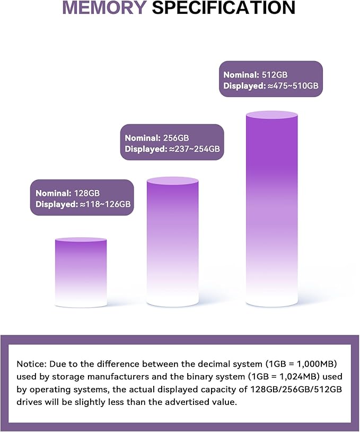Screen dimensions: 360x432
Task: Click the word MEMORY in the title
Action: coord(104,7)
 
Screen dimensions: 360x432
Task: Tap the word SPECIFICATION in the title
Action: coord(224,7)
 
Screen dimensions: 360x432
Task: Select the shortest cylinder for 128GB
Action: coord(81,272)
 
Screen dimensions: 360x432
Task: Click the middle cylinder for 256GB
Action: coord(172,241)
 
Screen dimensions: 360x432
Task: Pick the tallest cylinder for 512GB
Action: coord(271,209)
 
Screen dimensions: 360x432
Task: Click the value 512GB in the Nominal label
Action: coord(275,75)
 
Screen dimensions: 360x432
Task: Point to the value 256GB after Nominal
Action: coord(176,138)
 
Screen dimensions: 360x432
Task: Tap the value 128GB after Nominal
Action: coord(87,193)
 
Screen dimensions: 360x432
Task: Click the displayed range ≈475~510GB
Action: coord(293,85)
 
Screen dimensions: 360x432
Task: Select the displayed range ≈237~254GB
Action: coord(195,149)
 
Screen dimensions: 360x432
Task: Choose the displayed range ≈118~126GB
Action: coord(106,204)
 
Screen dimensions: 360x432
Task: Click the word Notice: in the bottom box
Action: coord(32,364)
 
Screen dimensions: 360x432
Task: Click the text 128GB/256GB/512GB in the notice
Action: coord(296,390)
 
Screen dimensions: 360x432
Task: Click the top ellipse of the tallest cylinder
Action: coord(271,115)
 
